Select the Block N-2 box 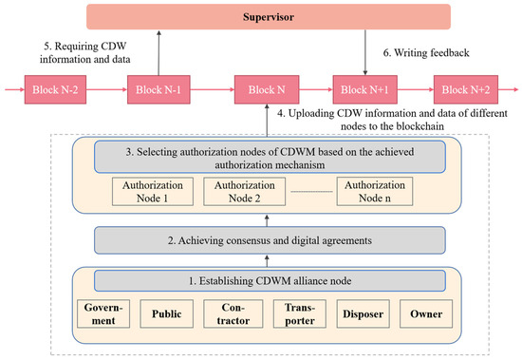[x=57, y=91]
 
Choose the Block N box [x=261, y=91]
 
